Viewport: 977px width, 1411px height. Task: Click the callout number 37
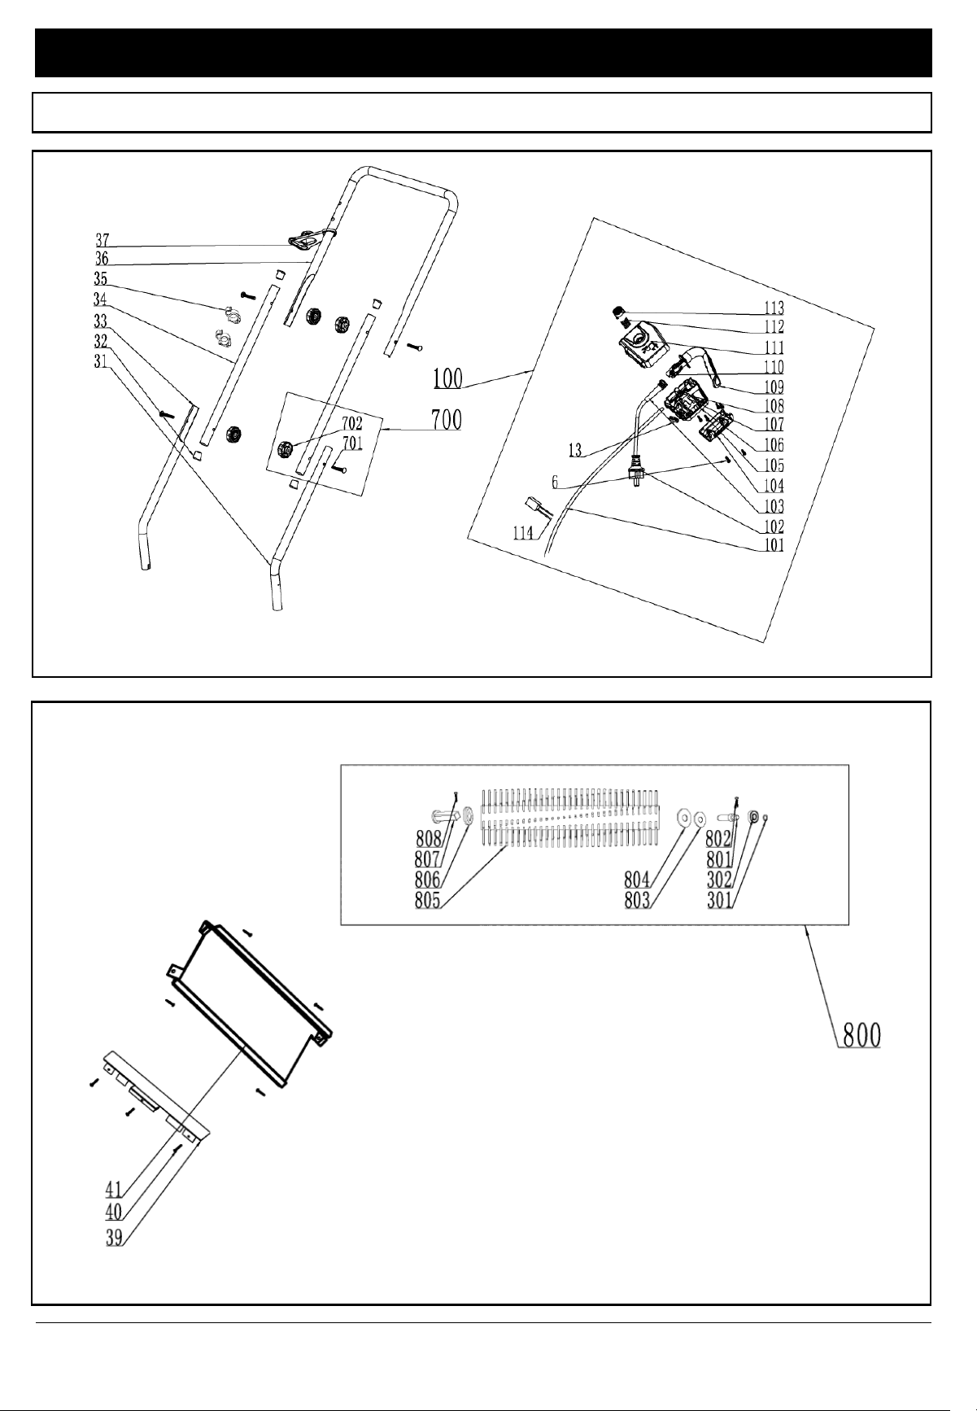tap(103, 240)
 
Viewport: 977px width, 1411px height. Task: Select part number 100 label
tap(447, 378)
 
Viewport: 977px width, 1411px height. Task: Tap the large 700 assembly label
tap(446, 420)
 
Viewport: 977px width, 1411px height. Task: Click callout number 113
tap(774, 308)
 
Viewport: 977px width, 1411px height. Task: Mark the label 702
tap(351, 424)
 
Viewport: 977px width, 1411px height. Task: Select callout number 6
tap(555, 482)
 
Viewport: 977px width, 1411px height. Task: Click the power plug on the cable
tap(635, 472)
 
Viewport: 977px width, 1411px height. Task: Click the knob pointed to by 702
tap(286, 448)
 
